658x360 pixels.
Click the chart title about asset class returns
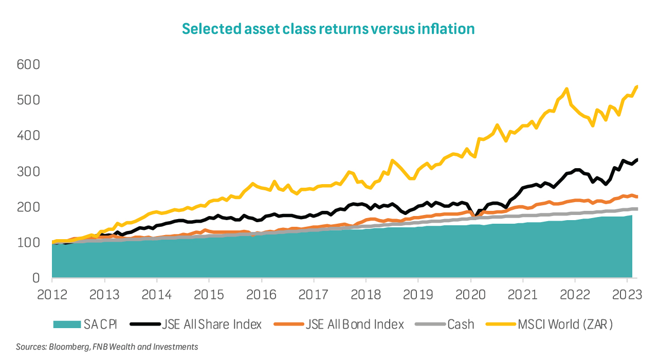[x=328, y=29]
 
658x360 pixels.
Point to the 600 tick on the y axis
[x=29, y=65]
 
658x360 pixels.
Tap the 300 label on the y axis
[x=29, y=172]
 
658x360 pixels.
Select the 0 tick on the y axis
[x=35, y=278]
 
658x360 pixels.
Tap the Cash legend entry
[x=461, y=325]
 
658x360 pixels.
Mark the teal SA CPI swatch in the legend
[x=67, y=325]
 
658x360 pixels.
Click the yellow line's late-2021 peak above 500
[x=566, y=89]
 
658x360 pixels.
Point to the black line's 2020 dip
[x=476, y=215]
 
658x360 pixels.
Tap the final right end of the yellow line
[x=637, y=86]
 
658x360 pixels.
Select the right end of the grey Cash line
[x=637, y=209]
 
